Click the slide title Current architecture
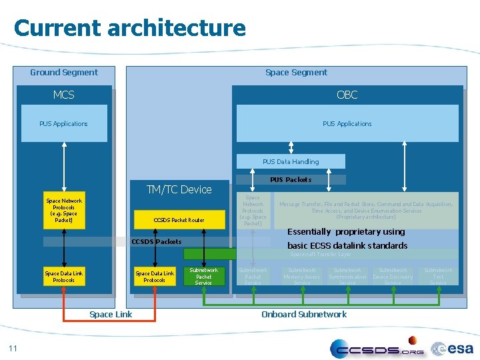coord(129,28)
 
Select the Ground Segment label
coord(64,72)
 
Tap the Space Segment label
coord(296,72)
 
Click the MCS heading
coord(64,95)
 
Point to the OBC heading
coord(347,95)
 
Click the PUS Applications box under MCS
coord(64,123)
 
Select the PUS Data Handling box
coord(291,161)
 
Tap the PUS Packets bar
coord(291,179)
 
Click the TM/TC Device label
coord(179,189)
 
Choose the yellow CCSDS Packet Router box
coord(179,220)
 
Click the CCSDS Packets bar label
coord(156,241)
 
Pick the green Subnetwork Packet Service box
coord(203,277)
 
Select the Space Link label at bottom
coord(111,314)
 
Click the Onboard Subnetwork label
coord(304,314)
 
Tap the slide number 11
coord(13,347)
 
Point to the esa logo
coord(453,348)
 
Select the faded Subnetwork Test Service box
coord(438,277)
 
